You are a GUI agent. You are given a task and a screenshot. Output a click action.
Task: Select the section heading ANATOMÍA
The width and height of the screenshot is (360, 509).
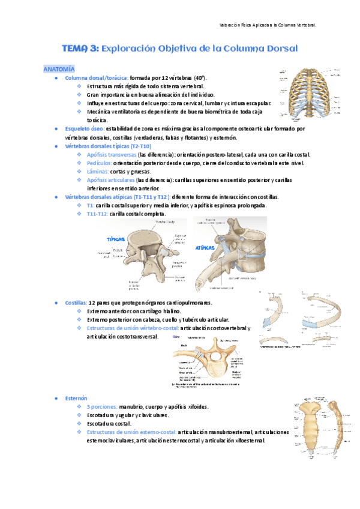click(x=59, y=70)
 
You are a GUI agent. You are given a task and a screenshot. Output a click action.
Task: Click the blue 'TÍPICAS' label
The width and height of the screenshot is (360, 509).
click(x=115, y=239)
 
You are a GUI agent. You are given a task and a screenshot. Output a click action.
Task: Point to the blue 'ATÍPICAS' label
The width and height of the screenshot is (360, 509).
click(x=205, y=247)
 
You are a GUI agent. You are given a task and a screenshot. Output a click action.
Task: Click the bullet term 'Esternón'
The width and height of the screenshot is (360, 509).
click(x=76, y=398)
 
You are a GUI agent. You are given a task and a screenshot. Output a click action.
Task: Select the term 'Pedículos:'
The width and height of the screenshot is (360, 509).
click(x=98, y=163)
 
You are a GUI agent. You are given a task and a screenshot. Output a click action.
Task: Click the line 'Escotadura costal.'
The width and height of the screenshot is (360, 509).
click(x=110, y=423)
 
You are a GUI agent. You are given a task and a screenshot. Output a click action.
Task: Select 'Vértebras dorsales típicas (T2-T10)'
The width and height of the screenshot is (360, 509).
click(x=108, y=146)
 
